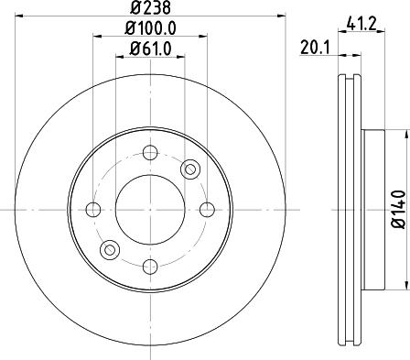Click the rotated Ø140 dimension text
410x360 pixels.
(x=397, y=208)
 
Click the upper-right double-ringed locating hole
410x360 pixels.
(x=189, y=169)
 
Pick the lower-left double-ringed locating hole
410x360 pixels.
(x=110, y=249)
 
